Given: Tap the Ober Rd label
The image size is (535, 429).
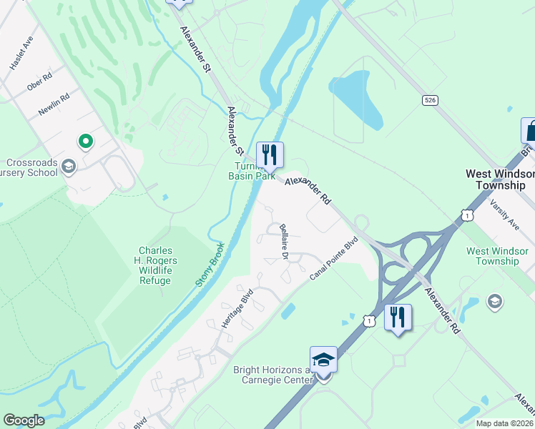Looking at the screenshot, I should click(x=41, y=82).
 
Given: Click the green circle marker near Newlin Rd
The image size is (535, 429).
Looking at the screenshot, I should click(x=85, y=142).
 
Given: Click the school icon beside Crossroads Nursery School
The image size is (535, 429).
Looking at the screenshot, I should click(x=69, y=167).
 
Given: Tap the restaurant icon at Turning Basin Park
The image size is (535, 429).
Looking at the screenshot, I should click(x=270, y=154).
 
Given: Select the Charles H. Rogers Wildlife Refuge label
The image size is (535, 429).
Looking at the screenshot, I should click(x=155, y=265).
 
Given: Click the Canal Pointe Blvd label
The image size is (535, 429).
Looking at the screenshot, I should click(x=333, y=258).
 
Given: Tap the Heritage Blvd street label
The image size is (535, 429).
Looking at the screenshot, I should click(x=237, y=308).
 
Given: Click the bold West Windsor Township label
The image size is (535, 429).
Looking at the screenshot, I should click(x=500, y=179).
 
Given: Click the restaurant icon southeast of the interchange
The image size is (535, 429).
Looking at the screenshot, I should click(x=398, y=317).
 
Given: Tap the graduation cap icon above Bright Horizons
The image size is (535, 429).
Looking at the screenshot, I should click(x=323, y=359).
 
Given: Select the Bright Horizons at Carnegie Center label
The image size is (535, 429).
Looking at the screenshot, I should click(x=273, y=375).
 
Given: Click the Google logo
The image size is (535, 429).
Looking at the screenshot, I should click(x=24, y=420).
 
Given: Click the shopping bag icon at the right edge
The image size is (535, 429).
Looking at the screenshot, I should click(x=529, y=131).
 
